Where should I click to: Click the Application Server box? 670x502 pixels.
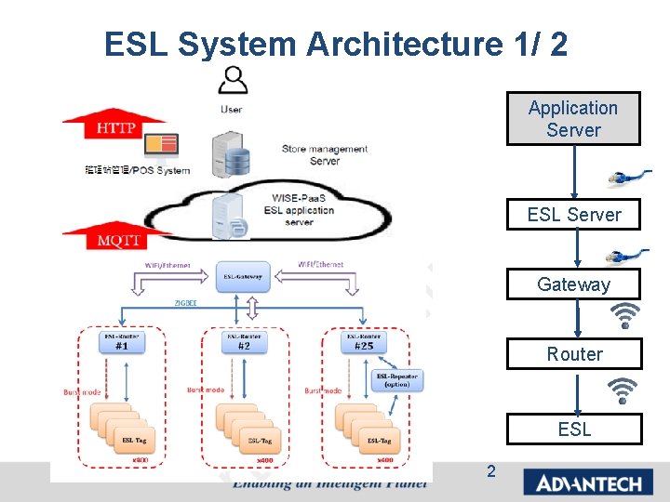(573, 119)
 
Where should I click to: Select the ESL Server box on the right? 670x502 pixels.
(573, 215)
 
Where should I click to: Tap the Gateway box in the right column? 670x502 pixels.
(573, 284)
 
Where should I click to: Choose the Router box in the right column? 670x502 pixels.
(574, 354)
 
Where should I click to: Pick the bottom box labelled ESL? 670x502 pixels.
(574, 429)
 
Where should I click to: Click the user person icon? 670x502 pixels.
(232, 80)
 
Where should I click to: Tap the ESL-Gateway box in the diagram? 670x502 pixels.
(244, 275)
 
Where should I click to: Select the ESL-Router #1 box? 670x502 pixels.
(122, 341)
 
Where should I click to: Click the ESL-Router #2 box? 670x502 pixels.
(244, 341)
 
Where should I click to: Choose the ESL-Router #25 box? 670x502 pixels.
(364, 341)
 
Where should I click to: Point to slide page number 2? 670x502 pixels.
(490, 471)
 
